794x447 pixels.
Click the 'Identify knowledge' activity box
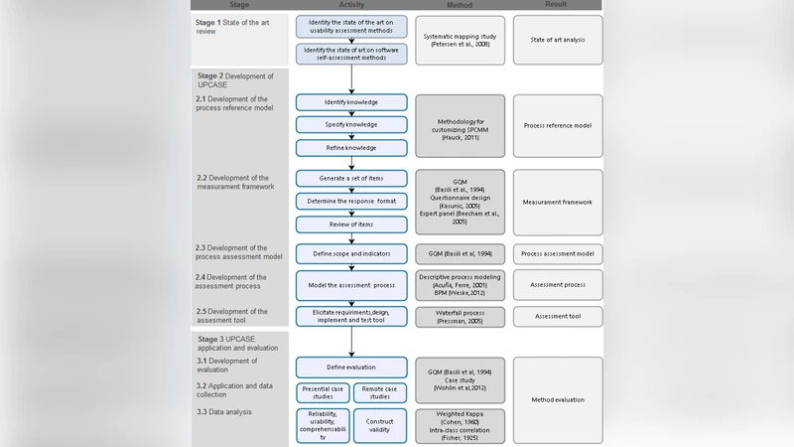tap(351, 102)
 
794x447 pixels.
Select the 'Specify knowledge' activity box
tap(351, 125)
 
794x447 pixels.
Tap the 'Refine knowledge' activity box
tap(351, 148)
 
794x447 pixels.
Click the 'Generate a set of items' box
tap(351, 178)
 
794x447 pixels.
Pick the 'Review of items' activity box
tap(351, 224)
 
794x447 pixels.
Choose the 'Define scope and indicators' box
tap(351, 253)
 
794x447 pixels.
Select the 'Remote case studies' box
tap(380, 393)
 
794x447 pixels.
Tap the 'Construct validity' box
tap(380, 425)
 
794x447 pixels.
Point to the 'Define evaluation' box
tap(351, 367)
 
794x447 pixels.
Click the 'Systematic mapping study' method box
tap(460, 40)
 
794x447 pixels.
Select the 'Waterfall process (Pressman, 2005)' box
tap(460, 315)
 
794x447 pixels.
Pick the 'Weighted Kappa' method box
tap(460, 425)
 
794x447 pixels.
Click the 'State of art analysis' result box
tap(557, 40)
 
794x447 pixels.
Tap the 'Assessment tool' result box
tap(557, 315)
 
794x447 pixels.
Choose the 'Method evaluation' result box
tap(557, 399)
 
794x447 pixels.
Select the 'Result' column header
tap(557, 5)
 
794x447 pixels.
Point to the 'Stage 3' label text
tap(211, 339)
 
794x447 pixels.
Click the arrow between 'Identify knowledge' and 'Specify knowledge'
tap(351, 114)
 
